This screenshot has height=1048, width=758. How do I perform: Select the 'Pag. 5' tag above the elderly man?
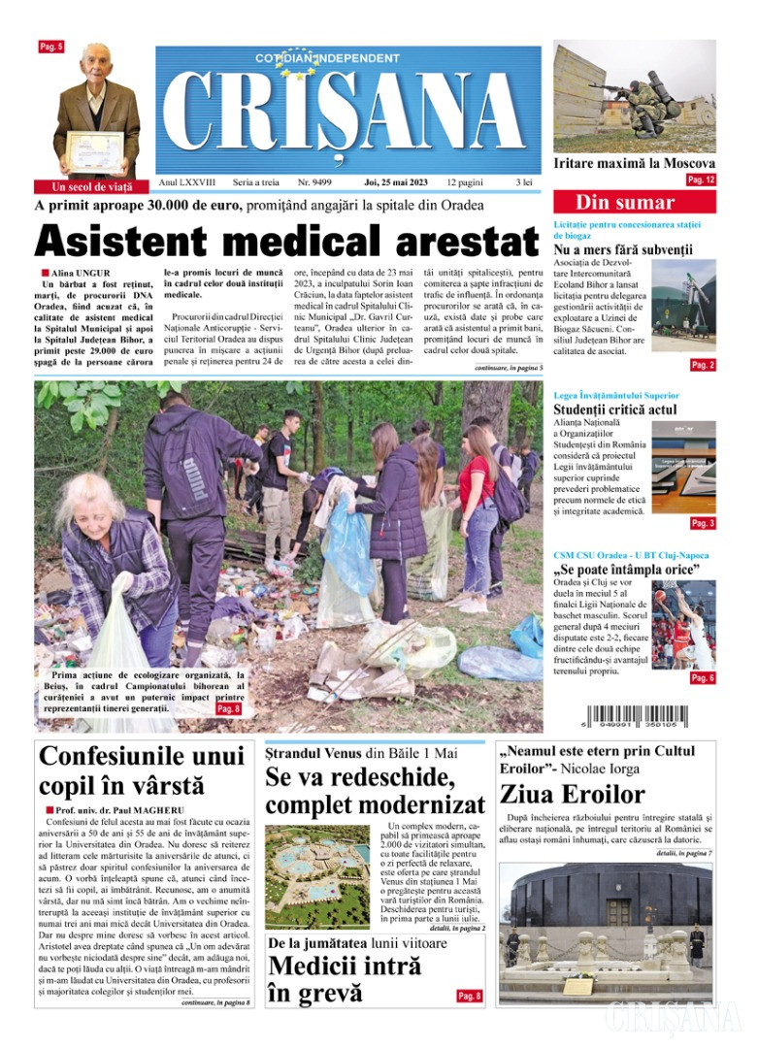click(x=50, y=47)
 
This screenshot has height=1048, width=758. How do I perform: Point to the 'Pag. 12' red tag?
click(x=701, y=180)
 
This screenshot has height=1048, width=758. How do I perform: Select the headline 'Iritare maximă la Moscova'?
click(x=634, y=164)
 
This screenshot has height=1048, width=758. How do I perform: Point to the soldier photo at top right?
click(x=634, y=95)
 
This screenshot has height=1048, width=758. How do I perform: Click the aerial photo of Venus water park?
click(x=316, y=875)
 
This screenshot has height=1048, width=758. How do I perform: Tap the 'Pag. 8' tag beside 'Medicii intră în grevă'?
click(x=470, y=996)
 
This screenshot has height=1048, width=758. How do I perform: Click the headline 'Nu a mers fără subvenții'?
click(x=623, y=251)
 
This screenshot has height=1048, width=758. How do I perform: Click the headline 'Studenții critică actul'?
click(x=615, y=409)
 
